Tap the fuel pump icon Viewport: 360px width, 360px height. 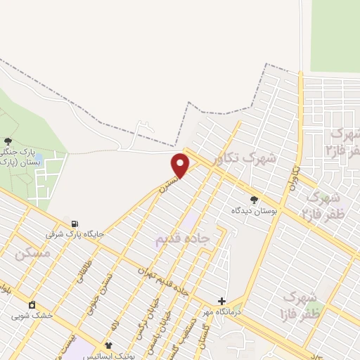tap(75, 221)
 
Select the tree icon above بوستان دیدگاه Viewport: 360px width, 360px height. tap(254, 200)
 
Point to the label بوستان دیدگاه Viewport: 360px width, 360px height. tap(255, 210)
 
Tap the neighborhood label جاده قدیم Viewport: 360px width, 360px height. tap(183, 239)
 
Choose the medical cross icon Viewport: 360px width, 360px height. tap(221, 300)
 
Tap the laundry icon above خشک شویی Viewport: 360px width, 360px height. tap(32, 304)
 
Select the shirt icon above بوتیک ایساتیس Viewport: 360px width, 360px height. tap(108, 345)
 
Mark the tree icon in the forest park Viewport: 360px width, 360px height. tap(8, 141)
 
